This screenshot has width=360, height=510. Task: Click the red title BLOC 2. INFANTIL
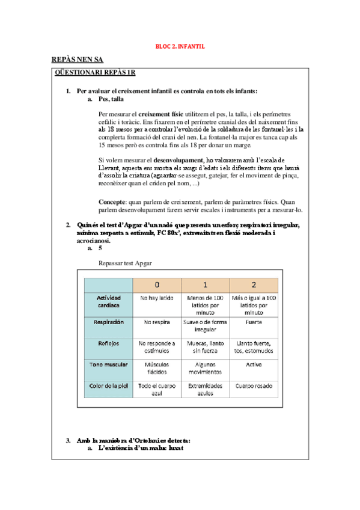(x=180, y=46)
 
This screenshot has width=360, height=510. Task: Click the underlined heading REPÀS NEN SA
(x=78, y=60)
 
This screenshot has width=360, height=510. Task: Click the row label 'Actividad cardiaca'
(x=108, y=301)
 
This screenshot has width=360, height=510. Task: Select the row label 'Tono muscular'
(x=108, y=364)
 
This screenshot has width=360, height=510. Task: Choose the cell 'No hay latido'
(x=157, y=298)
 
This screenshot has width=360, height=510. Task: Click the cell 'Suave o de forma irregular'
(x=205, y=325)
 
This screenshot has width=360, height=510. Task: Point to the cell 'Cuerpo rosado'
(x=254, y=385)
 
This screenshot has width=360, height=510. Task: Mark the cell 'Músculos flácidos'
(x=157, y=367)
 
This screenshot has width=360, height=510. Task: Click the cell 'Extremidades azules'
(x=205, y=389)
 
